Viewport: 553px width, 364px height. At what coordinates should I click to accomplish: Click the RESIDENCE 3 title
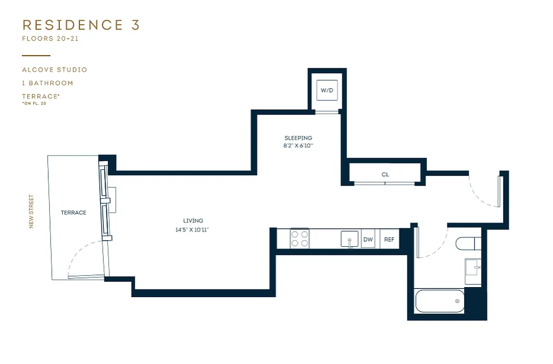click(x=81, y=25)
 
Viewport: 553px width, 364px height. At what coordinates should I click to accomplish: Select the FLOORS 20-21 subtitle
click(x=51, y=39)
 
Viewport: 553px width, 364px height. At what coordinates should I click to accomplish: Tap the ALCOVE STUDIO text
click(x=55, y=70)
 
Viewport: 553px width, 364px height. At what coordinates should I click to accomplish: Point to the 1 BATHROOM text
click(x=48, y=83)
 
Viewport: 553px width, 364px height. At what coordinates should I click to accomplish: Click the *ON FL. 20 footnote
click(x=34, y=104)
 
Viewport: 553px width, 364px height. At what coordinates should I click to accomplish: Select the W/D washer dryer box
click(x=327, y=91)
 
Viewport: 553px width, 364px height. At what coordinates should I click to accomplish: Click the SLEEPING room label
click(x=298, y=138)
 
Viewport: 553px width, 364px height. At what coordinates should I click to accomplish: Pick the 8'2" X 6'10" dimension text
click(x=298, y=146)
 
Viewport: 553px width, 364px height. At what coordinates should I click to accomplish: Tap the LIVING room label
click(x=193, y=221)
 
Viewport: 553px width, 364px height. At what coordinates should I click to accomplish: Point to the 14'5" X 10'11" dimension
click(x=193, y=230)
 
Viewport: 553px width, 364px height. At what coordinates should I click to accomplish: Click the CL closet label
click(x=385, y=175)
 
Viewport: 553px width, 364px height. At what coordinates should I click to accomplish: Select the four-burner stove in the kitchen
click(x=299, y=239)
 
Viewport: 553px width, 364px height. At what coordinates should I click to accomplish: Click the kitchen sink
click(x=350, y=239)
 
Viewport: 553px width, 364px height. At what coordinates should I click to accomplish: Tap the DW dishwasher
click(x=368, y=239)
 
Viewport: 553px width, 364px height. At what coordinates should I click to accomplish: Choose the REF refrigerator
click(x=389, y=239)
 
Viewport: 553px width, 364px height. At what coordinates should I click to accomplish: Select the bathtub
click(x=439, y=301)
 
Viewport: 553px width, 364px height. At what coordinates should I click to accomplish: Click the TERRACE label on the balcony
click(x=74, y=212)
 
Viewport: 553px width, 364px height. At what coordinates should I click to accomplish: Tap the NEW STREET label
click(x=31, y=212)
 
